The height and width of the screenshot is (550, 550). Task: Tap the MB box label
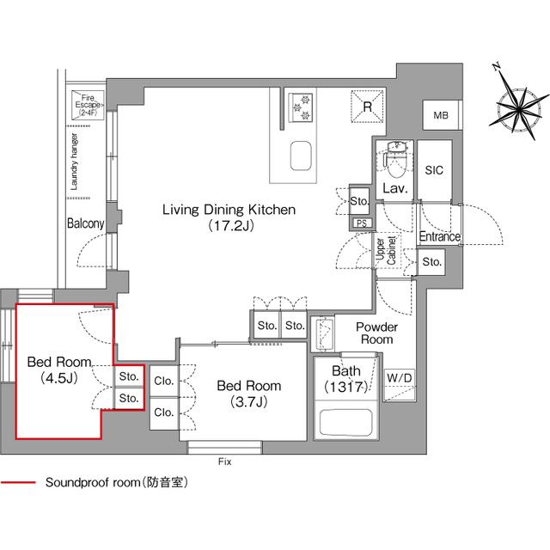tap(440, 116)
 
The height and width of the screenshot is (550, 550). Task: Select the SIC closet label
tap(434, 170)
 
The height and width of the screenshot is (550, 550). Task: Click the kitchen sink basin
tap(302, 157)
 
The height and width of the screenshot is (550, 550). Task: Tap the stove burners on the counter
tap(302, 104)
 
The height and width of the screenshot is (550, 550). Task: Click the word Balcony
tap(85, 223)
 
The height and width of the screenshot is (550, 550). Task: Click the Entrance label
tap(439, 237)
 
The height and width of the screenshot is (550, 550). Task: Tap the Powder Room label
tap(376, 333)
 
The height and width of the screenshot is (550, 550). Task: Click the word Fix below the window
tap(225, 461)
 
